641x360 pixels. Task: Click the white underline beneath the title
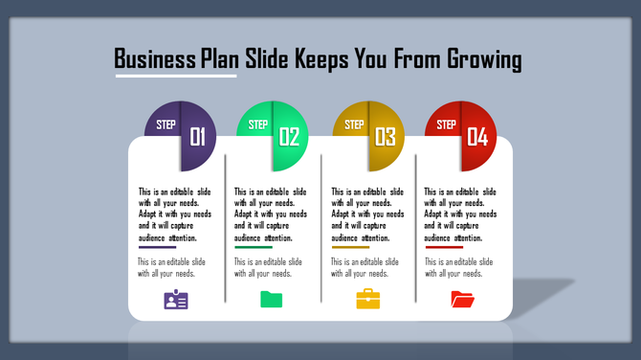pyautogui.click(x=175, y=76)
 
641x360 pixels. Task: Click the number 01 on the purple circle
pyautogui.click(x=198, y=137)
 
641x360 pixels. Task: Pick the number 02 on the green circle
pyautogui.click(x=290, y=137)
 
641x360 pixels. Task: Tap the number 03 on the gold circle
pyautogui.click(x=386, y=137)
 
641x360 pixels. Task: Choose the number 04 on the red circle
pyautogui.click(x=476, y=137)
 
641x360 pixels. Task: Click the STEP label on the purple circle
pyautogui.click(x=166, y=124)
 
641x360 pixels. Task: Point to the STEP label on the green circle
pyautogui.click(x=258, y=124)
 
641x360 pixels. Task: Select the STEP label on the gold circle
pyautogui.click(x=354, y=124)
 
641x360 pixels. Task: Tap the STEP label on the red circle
pyautogui.click(x=446, y=124)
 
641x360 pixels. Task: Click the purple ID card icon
pyautogui.click(x=176, y=300)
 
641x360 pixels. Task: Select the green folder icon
pyautogui.click(x=272, y=300)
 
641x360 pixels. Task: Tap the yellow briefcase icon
pyautogui.click(x=368, y=299)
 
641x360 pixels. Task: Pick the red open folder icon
pyautogui.click(x=462, y=300)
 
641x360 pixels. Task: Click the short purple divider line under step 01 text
pyautogui.click(x=157, y=247)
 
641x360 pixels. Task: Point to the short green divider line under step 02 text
pyautogui.click(x=253, y=247)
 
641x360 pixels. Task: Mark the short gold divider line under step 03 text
pyautogui.click(x=350, y=247)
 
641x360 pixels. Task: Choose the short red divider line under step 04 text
pyautogui.click(x=444, y=247)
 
